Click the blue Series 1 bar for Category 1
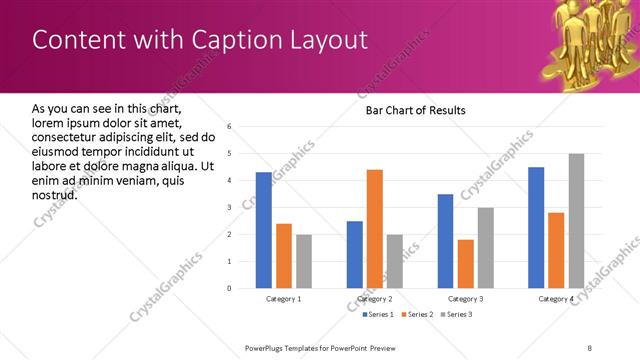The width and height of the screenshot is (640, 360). tap(263, 230)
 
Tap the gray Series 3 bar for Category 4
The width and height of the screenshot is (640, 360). tap(576, 221)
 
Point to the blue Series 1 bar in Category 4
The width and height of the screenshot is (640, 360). tap(536, 228)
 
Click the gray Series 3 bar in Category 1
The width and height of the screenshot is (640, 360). tap(303, 261)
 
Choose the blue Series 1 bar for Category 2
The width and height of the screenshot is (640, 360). tap(355, 255)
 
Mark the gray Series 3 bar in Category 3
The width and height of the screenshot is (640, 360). tap(485, 248)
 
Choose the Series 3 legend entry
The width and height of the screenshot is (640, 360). tap(457, 315)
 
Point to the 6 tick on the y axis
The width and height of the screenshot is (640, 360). tap(229, 127)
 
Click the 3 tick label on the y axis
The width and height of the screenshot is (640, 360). tap(229, 208)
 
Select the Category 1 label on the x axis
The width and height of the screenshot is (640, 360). tap(283, 299)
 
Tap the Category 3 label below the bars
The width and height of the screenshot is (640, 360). tap(465, 299)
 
